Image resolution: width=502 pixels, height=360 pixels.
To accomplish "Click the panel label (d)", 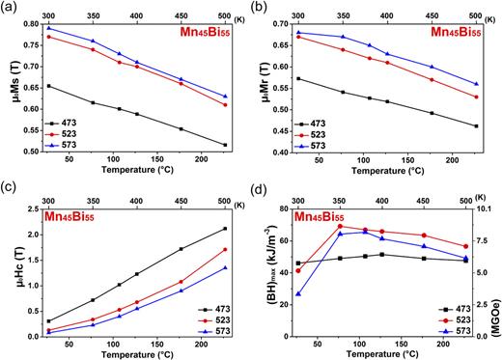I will [264, 189].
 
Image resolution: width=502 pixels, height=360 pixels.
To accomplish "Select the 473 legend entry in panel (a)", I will [70, 124].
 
